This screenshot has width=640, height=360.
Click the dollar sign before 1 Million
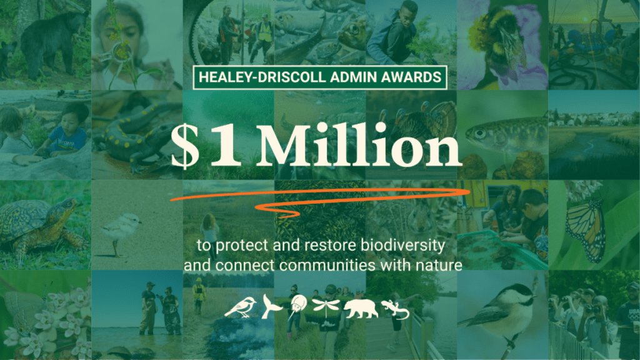coord(185,146)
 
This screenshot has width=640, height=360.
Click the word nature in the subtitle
coord(439,265)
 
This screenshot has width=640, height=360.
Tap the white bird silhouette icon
coord(241,307)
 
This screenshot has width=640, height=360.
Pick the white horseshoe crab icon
coord(297,307)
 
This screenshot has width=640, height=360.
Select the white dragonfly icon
coord(326,307)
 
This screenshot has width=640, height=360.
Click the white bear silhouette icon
coord(361,309)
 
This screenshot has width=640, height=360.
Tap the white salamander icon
coord(395,309)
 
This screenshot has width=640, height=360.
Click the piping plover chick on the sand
coord(121,229)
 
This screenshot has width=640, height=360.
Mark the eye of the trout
coord(480,134)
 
